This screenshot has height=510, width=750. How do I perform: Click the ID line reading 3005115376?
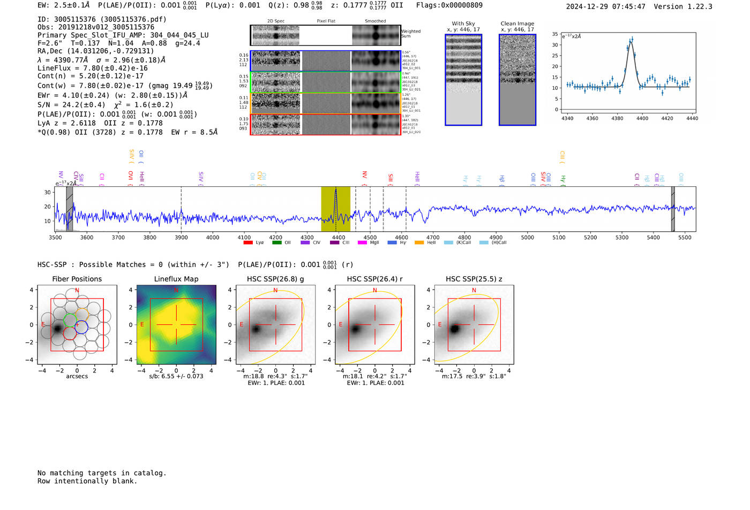pos(102,19)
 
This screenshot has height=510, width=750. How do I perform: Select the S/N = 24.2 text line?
pos(105,105)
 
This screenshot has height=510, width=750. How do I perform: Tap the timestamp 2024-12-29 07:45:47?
pos(605,6)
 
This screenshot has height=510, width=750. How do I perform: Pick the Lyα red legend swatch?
pos(248,242)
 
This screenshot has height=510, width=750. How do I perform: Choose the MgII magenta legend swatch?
pos(362,242)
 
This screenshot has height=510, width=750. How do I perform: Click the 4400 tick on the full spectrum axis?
pos(339,237)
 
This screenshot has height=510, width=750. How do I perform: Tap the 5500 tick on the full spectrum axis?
pos(685,237)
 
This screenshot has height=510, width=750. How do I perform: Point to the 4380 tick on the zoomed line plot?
pos(617,118)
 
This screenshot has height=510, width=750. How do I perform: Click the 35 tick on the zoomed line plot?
pos(556,34)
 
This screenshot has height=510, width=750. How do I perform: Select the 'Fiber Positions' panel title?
pos(77,279)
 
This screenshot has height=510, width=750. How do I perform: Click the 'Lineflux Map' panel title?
pos(176,279)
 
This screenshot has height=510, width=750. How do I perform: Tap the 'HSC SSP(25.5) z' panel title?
pos(474,279)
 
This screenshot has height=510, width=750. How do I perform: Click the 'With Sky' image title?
pos(463,24)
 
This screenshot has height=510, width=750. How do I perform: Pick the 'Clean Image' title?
pos(517,24)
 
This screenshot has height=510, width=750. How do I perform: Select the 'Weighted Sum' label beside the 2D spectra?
pos(411,34)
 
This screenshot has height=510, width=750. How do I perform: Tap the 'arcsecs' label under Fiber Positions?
pos(77,376)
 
